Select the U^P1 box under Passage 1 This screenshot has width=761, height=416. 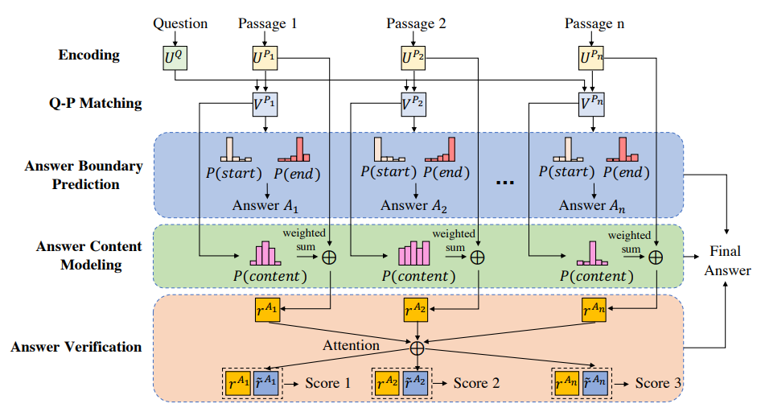(x=265, y=58)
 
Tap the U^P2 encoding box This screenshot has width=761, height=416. (x=414, y=58)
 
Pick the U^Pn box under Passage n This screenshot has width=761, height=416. (x=592, y=58)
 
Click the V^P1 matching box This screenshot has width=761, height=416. (x=265, y=104)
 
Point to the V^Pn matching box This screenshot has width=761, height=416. (x=592, y=104)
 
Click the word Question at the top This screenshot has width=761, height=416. (x=180, y=23)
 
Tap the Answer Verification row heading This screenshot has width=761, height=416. (x=76, y=348)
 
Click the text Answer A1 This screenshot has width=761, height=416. (x=265, y=205)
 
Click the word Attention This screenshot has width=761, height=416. (x=352, y=345)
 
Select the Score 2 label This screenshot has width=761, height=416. (x=475, y=383)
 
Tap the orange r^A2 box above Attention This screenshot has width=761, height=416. (x=416, y=311)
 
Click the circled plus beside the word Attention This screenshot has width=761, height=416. (x=417, y=347)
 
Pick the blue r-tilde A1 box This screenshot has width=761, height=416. (x=265, y=383)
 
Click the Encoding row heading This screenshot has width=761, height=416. (x=89, y=56)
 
